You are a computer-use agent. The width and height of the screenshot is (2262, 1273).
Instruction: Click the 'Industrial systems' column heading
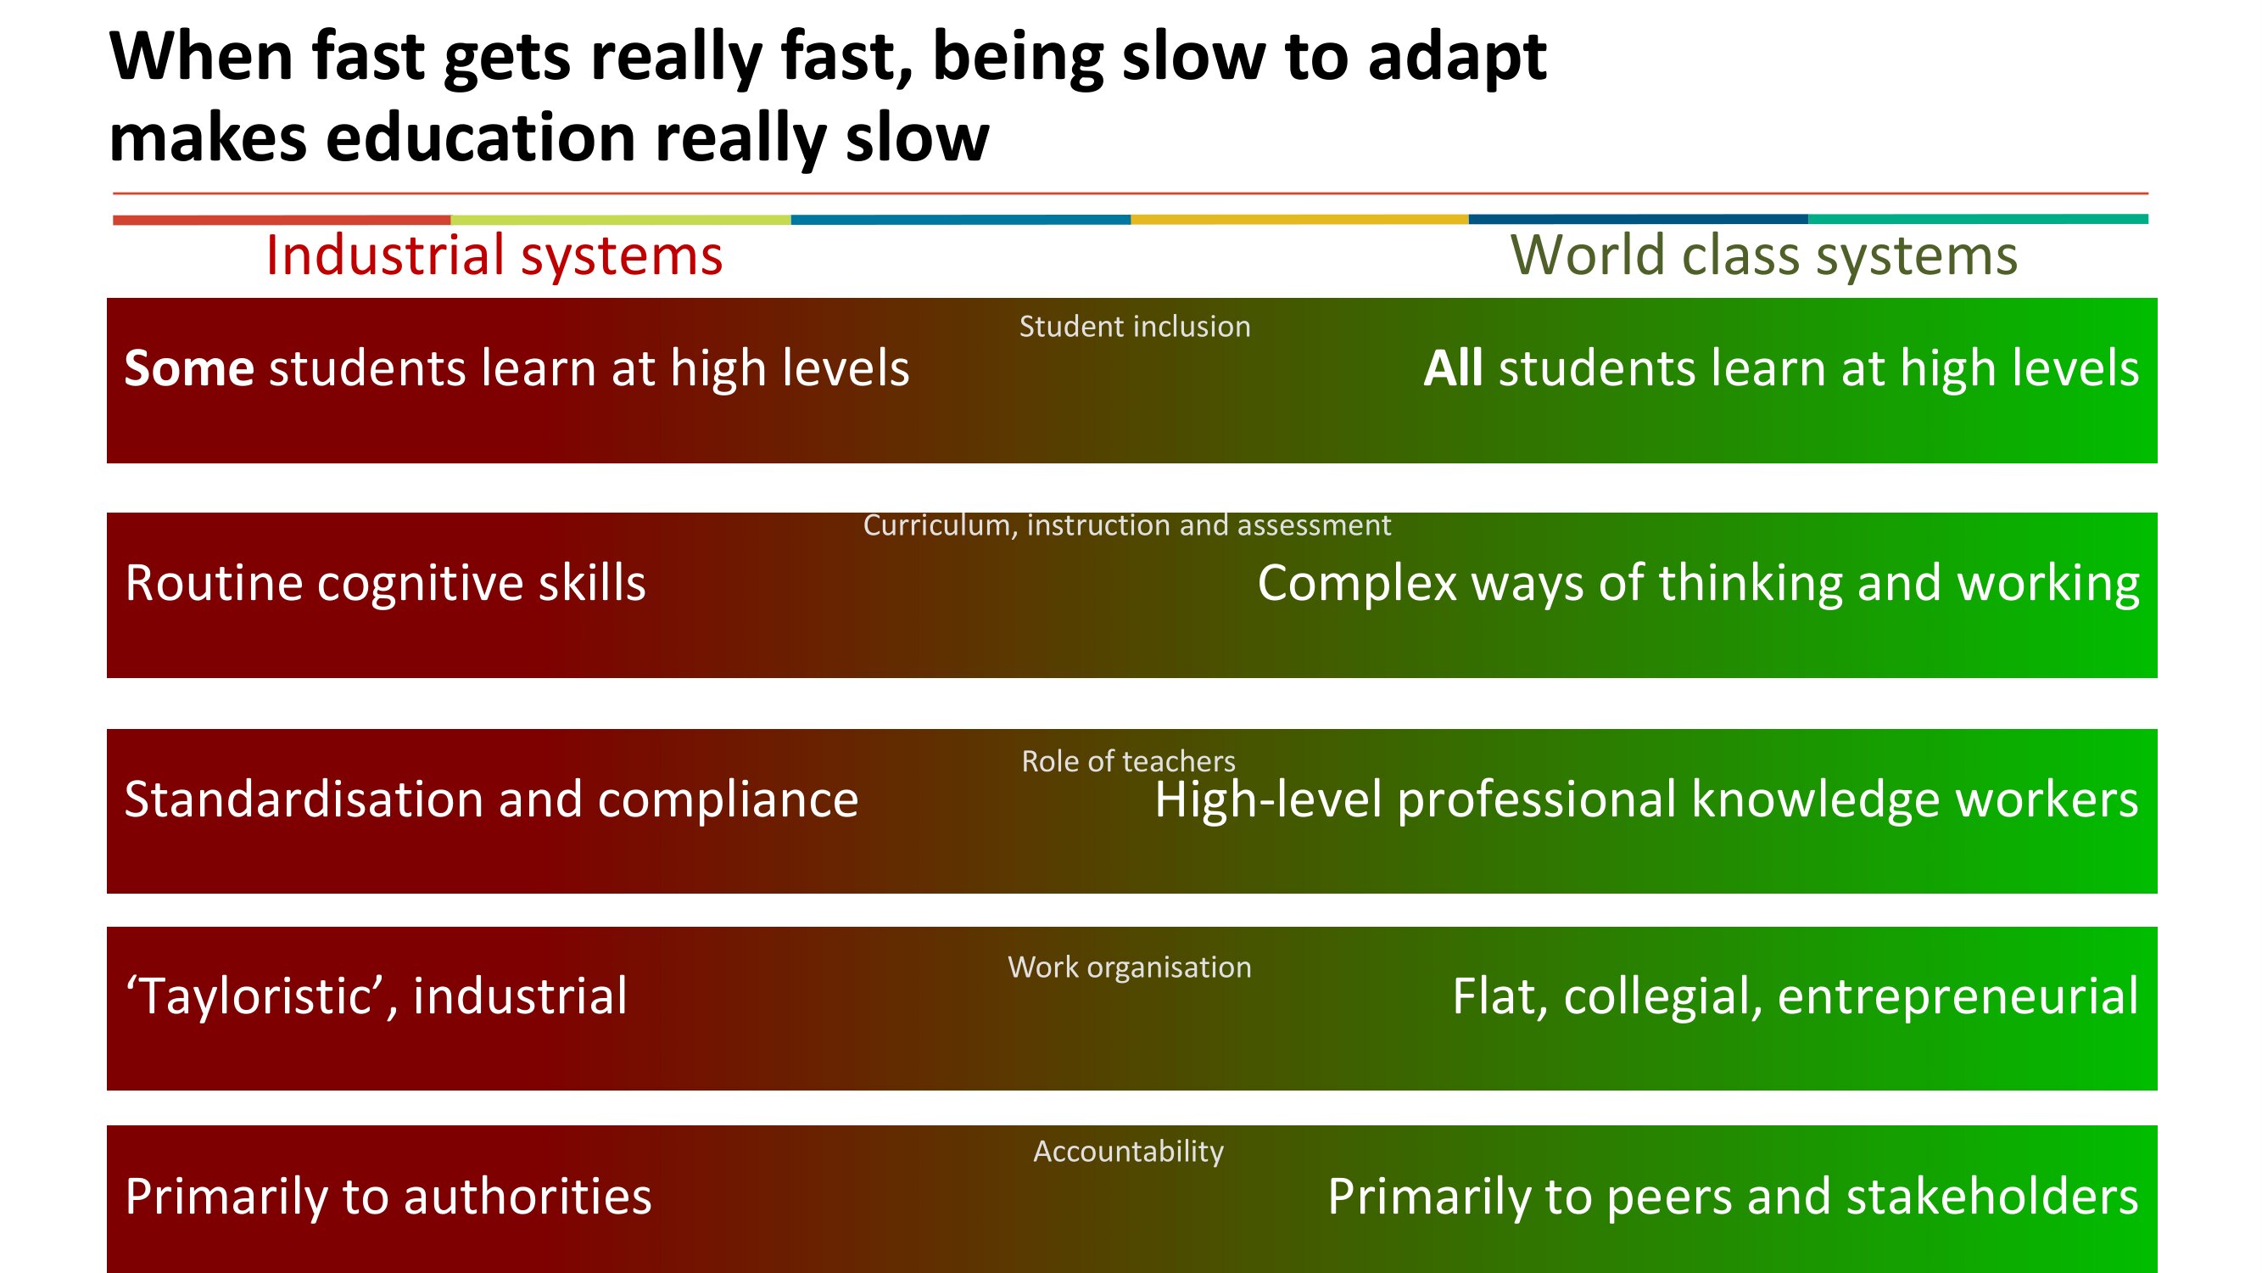[494, 255]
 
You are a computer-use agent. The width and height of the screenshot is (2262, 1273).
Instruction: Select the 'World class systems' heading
[1763, 255]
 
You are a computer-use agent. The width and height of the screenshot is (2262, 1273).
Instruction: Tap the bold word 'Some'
[189, 368]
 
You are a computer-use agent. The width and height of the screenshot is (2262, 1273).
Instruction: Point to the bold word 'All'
[1453, 368]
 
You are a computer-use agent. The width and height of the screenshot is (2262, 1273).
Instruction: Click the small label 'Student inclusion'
[1135, 327]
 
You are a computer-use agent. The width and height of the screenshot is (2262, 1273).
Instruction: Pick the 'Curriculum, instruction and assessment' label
[1126, 525]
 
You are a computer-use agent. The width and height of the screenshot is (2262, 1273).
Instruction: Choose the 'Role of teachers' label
[1128, 760]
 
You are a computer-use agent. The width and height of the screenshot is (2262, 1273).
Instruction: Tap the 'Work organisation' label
[1129, 967]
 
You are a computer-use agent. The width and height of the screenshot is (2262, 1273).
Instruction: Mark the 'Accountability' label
[1128, 1152]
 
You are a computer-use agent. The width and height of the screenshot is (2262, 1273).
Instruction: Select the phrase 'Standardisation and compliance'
[492, 800]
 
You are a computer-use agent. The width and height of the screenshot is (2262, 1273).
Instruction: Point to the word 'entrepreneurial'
[1958, 997]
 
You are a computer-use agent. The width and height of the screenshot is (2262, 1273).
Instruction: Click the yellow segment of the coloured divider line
[1299, 220]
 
